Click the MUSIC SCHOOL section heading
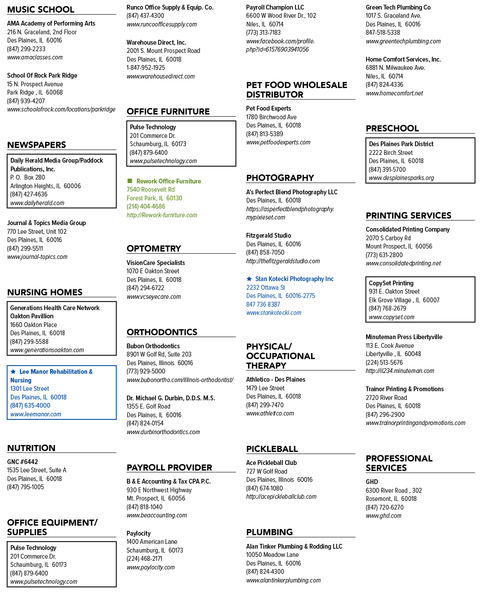(41, 10)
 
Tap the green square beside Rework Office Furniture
(130, 181)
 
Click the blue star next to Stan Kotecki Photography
(249, 278)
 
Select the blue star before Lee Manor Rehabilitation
(13, 371)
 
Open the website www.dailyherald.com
(37, 203)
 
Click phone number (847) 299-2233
(26, 49)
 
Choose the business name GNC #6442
(23, 461)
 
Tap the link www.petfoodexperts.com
(278, 142)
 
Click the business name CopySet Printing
(391, 283)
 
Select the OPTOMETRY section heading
(154, 249)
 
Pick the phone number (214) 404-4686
(146, 206)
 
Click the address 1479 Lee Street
(265, 388)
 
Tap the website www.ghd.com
(383, 516)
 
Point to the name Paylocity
(139, 533)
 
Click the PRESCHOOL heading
(392, 128)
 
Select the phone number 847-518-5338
(383, 33)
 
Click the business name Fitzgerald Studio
(269, 235)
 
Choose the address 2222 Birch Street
(391, 153)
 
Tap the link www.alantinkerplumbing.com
(283, 580)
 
